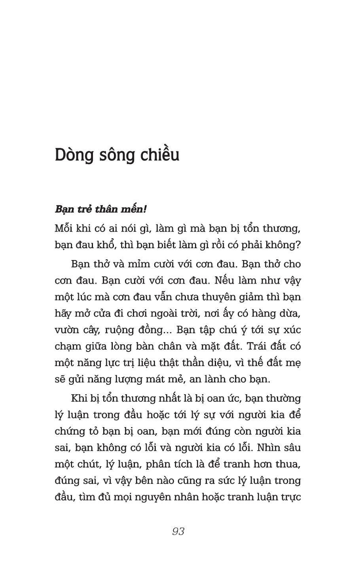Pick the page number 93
[178, 531]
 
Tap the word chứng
[70, 431]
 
